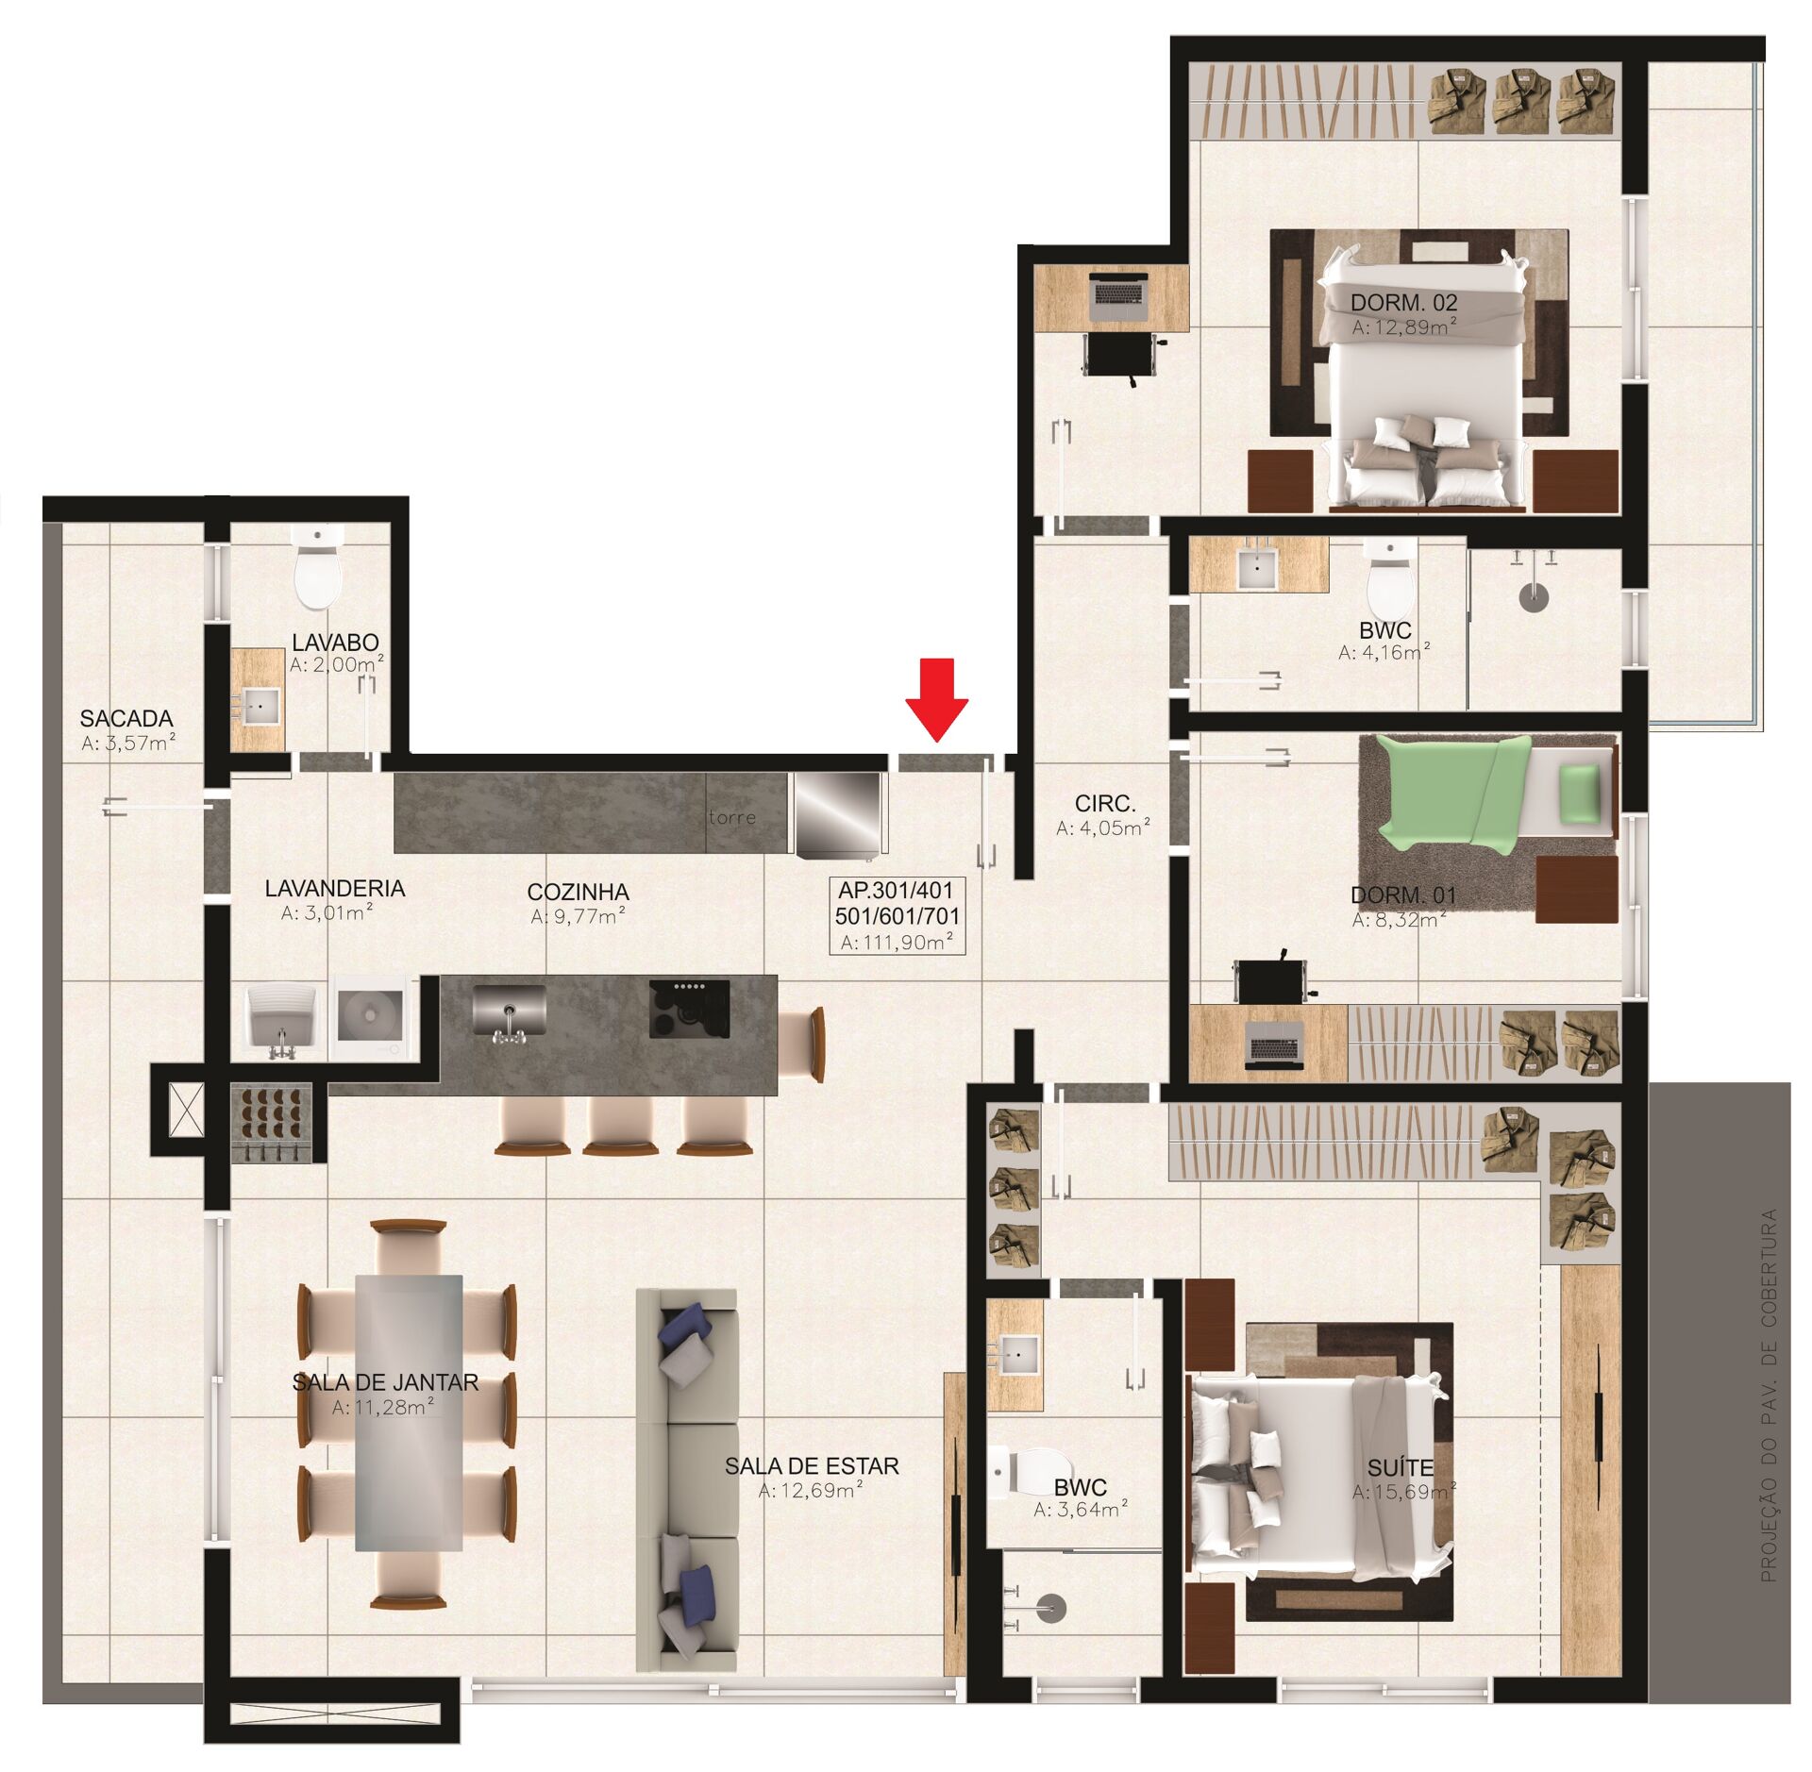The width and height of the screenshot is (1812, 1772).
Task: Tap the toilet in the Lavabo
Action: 318,572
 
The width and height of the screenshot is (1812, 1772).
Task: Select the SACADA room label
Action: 126,719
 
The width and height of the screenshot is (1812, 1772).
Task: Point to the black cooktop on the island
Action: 689,1009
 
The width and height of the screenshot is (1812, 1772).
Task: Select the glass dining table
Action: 409,1412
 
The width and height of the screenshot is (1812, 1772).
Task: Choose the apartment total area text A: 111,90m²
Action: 897,941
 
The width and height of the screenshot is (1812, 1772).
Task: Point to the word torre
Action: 732,817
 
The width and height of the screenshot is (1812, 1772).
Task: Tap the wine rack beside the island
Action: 272,1123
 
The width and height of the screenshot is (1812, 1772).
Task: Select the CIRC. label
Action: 1104,803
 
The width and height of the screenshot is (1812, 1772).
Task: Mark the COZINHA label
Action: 578,892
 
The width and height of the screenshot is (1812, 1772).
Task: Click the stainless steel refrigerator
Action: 838,814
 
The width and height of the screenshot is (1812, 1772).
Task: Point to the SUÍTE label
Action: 1401,1468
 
